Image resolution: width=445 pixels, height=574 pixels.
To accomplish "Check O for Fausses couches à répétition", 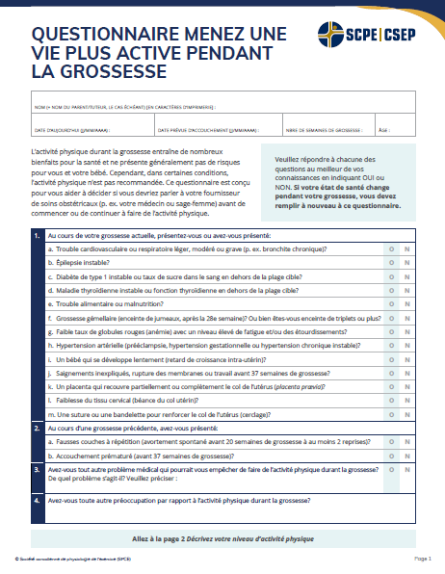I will (x=391, y=442).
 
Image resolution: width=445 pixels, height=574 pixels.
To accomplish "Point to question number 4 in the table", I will (x=37, y=501).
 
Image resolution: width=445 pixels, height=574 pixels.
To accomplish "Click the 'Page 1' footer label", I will (x=423, y=559).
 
